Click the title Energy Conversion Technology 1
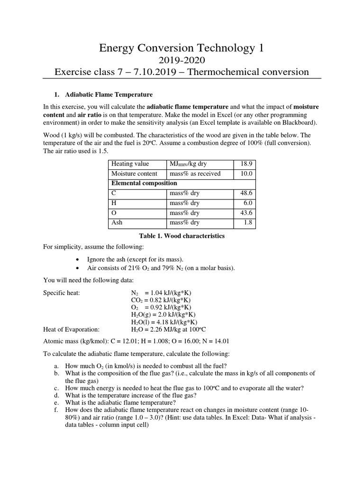click(182, 48)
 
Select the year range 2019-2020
click(182, 60)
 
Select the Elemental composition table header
click(144, 183)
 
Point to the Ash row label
click(117, 223)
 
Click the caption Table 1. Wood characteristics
click(182, 236)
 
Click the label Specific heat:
click(62, 293)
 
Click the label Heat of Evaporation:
click(71, 329)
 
